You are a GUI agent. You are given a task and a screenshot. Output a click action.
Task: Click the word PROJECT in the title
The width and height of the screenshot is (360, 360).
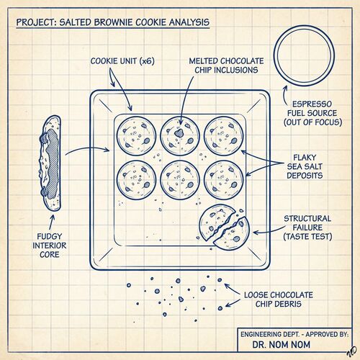[x=36, y=22]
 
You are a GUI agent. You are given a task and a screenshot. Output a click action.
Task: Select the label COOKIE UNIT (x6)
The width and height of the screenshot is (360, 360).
[x=122, y=61]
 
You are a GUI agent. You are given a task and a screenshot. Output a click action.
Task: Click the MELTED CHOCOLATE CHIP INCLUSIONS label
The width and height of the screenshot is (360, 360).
[x=226, y=66]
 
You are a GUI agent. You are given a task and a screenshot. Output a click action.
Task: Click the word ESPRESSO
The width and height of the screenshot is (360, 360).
[x=312, y=104]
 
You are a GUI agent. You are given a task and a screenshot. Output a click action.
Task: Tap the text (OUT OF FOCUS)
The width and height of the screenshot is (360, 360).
[x=312, y=122]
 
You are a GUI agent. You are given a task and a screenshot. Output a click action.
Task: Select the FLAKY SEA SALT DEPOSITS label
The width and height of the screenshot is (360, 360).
[x=305, y=166]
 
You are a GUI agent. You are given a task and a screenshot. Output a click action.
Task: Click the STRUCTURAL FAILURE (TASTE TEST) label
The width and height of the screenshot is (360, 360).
[x=307, y=228]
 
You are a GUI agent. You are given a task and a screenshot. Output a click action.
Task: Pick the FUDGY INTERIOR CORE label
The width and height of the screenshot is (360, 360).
[x=50, y=246]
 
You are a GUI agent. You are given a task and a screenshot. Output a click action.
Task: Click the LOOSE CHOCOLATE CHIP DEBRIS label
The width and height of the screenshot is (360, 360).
[x=279, y=300]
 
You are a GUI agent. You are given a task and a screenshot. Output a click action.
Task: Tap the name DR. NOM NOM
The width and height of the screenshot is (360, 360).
[x=281, y=345]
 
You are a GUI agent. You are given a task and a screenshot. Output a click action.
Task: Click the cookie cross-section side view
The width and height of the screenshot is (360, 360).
[x=50, y=163]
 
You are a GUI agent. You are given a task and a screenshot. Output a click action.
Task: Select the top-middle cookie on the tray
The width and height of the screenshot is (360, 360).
[x=180, y=136]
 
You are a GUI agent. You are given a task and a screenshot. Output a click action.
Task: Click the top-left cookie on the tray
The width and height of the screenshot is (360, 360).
[x=136, y=136]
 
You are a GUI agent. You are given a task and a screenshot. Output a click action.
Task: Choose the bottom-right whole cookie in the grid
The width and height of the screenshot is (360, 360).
[x=224, y=180]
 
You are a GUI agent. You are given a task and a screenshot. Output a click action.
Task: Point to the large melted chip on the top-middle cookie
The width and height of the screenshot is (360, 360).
[x=179, y=133]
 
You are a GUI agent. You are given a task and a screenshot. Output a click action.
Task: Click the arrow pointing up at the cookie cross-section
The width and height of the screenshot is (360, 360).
[x=52, y=222]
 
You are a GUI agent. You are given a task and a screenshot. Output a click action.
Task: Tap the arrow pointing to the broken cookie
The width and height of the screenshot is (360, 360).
[x=269, y=231]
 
